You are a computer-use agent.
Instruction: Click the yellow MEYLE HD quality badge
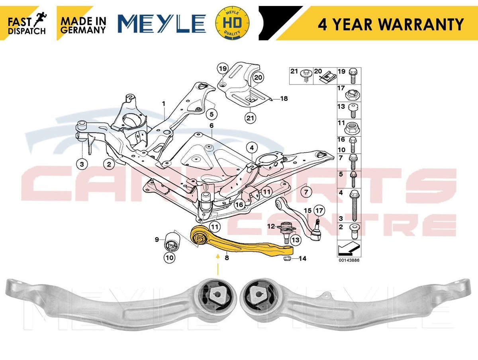pos(232,23)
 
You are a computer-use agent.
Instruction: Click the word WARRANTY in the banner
pos(420,24)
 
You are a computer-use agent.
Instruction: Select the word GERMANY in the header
pos(83,29)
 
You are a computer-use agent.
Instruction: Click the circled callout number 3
pos(82,164)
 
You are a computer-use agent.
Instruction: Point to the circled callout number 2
pos(109,164)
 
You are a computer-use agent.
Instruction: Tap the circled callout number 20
pos(258,78)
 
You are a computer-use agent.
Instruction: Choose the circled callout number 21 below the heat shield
pos(250,118)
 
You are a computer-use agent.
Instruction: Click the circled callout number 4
pos(252,148)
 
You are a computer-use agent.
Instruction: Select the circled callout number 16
pos(239,205)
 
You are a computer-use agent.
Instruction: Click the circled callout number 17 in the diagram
pos(319,211)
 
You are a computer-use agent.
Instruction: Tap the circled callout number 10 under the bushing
pos(169,258)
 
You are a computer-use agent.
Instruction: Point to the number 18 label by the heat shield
pos(284,99)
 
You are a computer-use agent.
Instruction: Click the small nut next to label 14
pos(286,258)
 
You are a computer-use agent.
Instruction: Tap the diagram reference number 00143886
pos(349,260)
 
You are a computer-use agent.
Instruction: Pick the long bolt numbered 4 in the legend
pos(353,205)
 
